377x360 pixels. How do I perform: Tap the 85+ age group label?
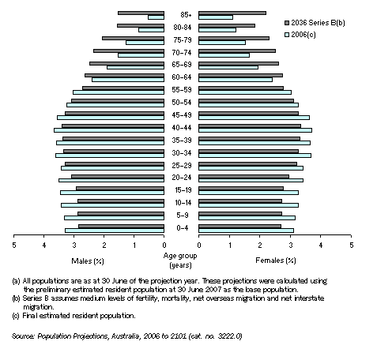[181, 14]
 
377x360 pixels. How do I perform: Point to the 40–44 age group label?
[181, 127]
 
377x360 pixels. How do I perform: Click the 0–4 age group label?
[181, 227]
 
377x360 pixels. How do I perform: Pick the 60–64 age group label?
[181, 77]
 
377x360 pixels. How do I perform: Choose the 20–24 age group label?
[181, 177]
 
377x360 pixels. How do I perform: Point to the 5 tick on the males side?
[13, 246]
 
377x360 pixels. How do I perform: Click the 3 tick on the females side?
[290, 246]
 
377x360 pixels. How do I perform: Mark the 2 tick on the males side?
[104, 246]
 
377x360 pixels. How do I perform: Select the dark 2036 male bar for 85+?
[141, 13]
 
